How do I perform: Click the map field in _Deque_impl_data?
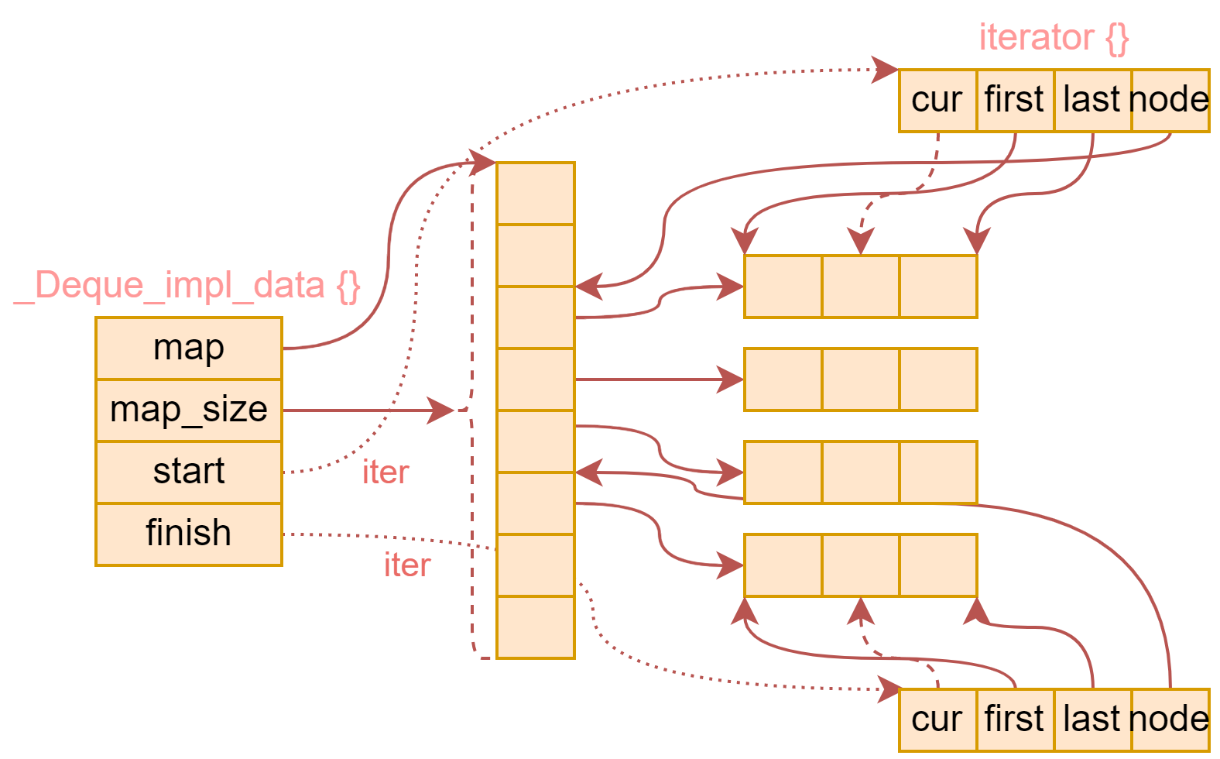point(188,348)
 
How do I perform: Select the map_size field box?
point(188,410)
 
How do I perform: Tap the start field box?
point(188,472)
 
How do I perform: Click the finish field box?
point(188,534)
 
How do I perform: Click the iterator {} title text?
point(1054,37)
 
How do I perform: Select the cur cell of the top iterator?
point(937,100)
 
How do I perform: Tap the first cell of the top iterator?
point(1015,100)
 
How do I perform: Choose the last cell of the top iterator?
point(1092,100)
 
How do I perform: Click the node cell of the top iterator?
point(1170,100)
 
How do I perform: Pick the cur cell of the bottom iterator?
point(937,720)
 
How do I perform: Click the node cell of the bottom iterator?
point(1170,720)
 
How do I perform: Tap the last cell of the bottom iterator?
point(1092,720)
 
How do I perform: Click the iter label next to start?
point(386,472)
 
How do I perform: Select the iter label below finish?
point(407,565)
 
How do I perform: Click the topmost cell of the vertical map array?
point(535,193)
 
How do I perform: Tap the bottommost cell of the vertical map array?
point(535,627)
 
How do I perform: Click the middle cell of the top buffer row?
point(860,286)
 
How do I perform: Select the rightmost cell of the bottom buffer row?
point(937,565)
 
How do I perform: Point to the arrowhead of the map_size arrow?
point(445,410)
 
